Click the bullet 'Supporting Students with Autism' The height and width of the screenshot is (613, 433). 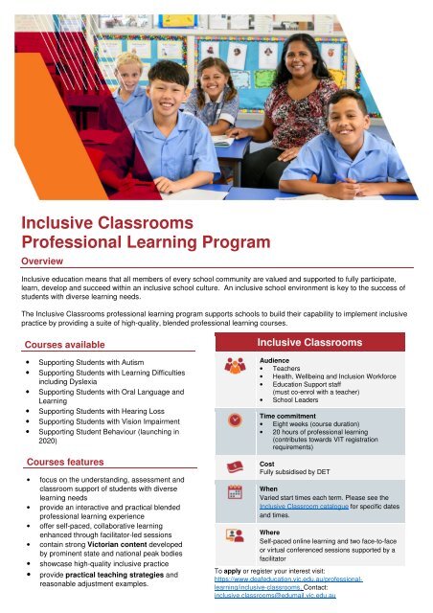click(94, 367)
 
